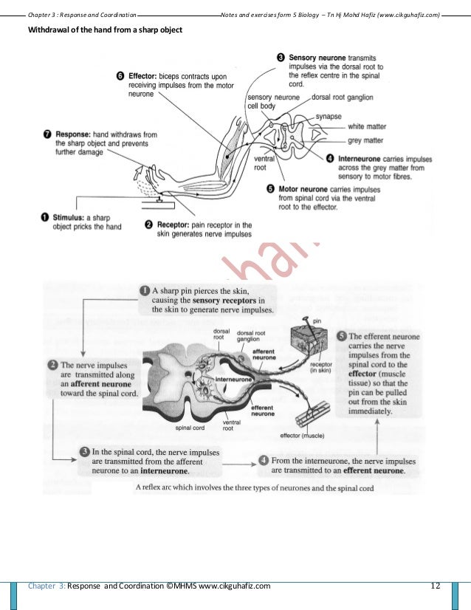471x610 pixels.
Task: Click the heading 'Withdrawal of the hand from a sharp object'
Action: click(x=104, y=30)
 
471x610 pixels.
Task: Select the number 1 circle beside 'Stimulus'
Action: click(x=45, y=217)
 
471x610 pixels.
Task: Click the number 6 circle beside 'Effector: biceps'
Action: click(x=121, y=75)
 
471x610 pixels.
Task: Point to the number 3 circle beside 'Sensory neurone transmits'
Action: click(x=281, y=56)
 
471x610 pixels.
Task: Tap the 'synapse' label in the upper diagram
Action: click(x=329, y=116)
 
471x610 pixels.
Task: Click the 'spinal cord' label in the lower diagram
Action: click(x=190, y=427)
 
